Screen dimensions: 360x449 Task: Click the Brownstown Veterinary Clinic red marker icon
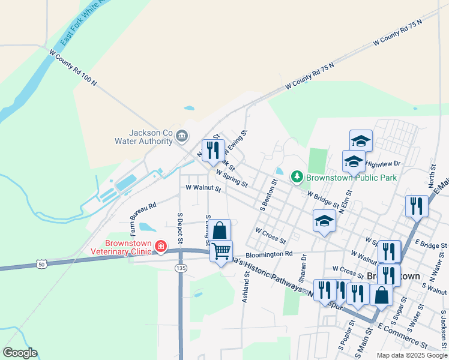[x=160, y=245]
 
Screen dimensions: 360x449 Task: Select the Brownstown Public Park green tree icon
[x=296, y=177]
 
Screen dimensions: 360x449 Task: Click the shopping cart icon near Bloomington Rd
[x=221, y=251]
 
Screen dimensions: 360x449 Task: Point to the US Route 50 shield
[x=41, y=263]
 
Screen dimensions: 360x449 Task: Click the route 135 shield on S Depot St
[x=180, y=268]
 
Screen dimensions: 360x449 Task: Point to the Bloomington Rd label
[x=268, y=254]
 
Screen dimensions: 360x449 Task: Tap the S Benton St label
[x=268, y=195]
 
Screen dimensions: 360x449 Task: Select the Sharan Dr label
[x=304, y=265]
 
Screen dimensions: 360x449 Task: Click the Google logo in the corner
[x=20, y=353]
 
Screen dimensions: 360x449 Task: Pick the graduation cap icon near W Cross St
[x=324, y=220]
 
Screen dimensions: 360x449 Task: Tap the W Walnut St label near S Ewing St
[x=203, y=188]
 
